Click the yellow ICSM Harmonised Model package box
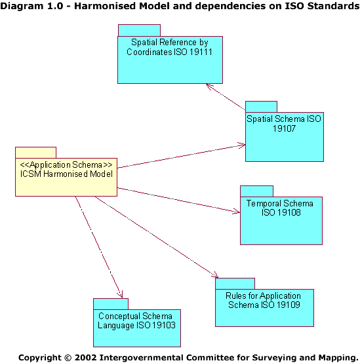(66, 177)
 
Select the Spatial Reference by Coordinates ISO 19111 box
(170, 60)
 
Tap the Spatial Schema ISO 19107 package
(285, 137)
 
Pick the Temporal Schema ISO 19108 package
(281, 221)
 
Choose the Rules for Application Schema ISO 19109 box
(264, 308)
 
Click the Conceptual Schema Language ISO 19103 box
(137, 328)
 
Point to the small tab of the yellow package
(35, 153)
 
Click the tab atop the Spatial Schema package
(262, 107)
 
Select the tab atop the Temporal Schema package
(256, 191)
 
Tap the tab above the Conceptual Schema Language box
(111, 304)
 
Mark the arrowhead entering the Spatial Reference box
(209, 86)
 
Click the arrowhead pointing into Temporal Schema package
(237, 211)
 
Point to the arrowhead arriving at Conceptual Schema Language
(121, 294)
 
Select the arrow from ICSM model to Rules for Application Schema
(157, 237)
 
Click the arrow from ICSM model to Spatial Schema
(182, 156)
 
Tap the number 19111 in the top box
(201, 52)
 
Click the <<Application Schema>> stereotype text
(66, 165)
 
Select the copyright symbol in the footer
(68, 358)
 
